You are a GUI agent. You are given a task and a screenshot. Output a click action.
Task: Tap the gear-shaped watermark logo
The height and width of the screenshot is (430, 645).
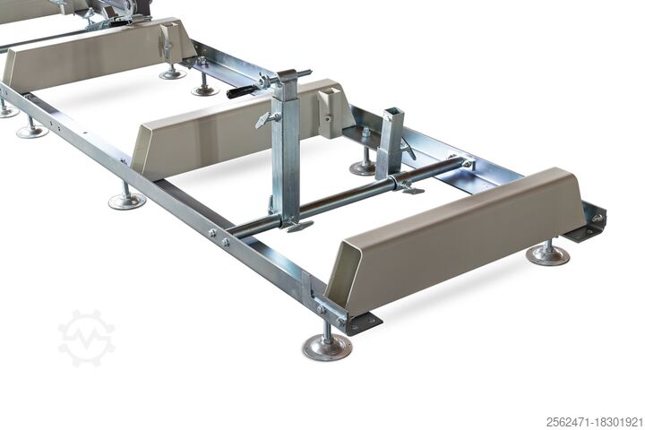click(86, 339)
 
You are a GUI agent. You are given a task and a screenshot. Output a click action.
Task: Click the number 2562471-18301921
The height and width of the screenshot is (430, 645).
click(594, 422)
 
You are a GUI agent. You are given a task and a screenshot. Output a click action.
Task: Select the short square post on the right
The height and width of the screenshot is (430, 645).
click(391, 142)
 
